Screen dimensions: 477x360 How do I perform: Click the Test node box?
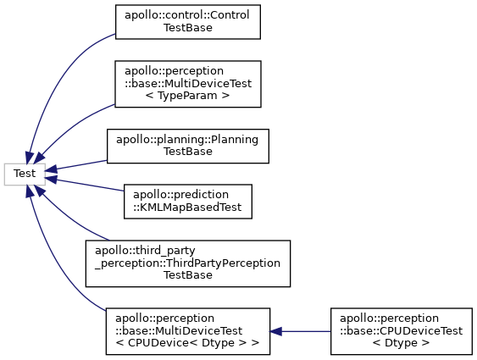pyautogui.click(x=25, y=174)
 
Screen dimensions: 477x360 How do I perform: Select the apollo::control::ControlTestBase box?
pyautogui.click(x=188, y=22)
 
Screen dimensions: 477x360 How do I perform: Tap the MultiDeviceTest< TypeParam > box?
pyautogui.click(x=188, y=84)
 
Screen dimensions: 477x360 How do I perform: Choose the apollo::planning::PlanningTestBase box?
pyautogui.click(x=188, y=146)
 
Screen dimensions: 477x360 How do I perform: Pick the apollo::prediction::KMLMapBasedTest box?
pyautogui.click(x=188, y=202)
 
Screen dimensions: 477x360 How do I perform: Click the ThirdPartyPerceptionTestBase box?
pyautogui.click(x=188, y=263)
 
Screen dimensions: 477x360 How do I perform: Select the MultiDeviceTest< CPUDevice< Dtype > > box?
pyautogui.click(x=188, y=331)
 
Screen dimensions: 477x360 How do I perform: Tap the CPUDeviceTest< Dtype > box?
pyautogui.click(x=402, y=331)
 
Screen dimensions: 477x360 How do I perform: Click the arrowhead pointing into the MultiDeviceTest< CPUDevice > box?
pyautogui.click(x=275, y=331)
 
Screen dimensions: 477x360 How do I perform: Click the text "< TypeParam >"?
pyautogui.click(x=187, y=96)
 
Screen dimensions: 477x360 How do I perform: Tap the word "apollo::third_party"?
pyautogui.click(x=145, y=251)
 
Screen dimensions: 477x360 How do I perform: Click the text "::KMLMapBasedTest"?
pyautogui.click(x=187, y=208)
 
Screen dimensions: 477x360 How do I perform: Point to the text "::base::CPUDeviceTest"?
pyautogui.click(x=402, y=331)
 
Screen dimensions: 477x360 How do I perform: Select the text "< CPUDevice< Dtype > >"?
pyautogui.click(x=187, y=343)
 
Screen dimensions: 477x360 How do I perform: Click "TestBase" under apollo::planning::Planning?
pyautogui.click(x=188, y=152)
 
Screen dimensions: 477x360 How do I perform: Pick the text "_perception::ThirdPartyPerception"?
pyautogui.click(x=187, y=263)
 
